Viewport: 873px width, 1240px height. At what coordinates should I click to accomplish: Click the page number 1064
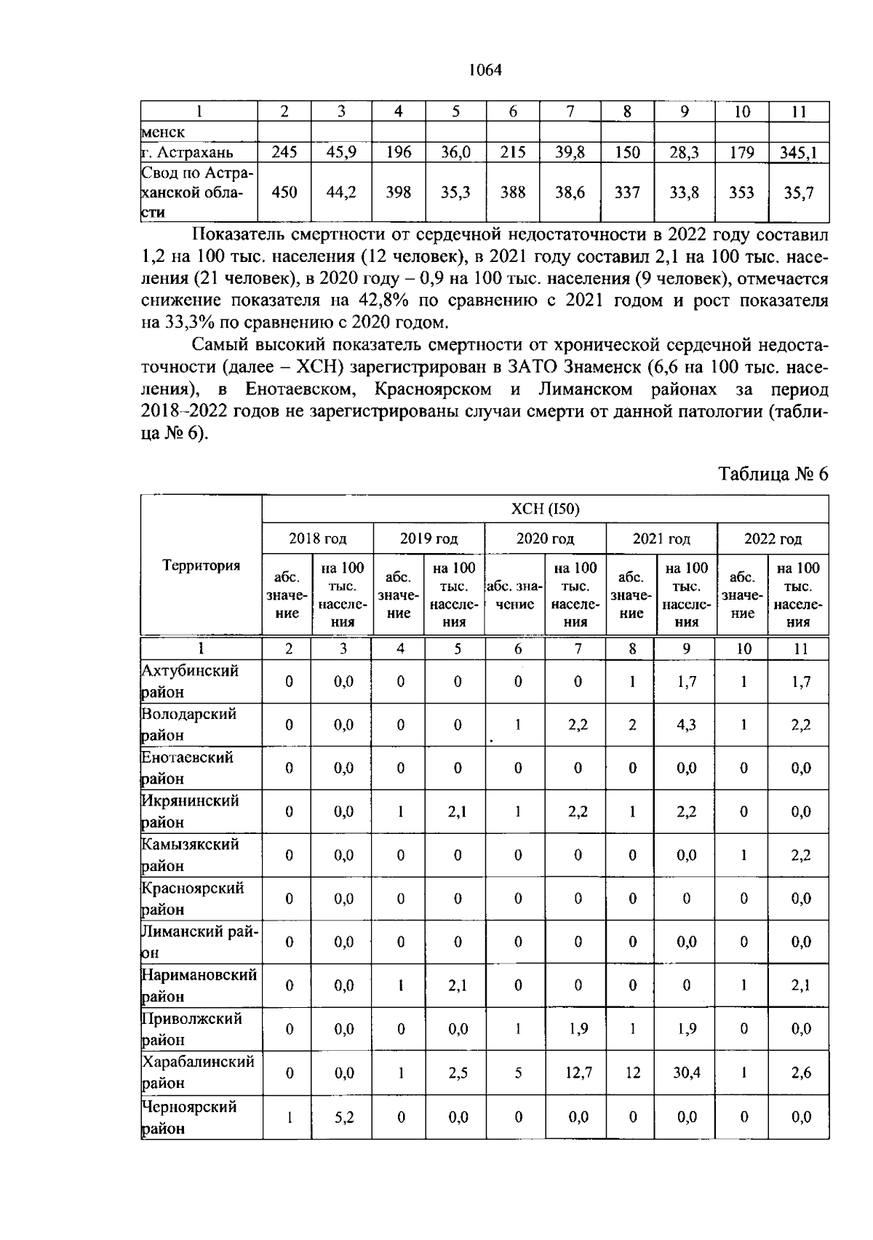[x=485, y=71]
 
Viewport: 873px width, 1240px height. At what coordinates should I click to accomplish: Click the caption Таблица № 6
[x=773, y=474]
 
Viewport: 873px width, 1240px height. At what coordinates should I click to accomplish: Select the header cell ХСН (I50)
[x=545, y=509]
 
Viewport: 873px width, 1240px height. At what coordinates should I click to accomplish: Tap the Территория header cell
[x=201, y=565]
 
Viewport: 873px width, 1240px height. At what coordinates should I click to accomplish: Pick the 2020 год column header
[x=545, y=538]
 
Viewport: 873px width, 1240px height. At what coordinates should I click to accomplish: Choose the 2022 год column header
[x=773, y=538]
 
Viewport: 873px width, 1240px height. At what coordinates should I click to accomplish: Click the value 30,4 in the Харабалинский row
[x=686, y=1072]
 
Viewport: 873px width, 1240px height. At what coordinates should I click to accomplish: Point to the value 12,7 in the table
[x=578, y=1072]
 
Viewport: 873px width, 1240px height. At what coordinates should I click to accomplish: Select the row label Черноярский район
[x=189, y=1117]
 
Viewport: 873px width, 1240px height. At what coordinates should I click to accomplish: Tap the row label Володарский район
[x=189, y=724]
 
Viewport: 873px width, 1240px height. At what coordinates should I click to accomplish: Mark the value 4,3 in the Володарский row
[x=686, y=725]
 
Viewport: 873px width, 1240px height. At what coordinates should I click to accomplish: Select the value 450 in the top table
[x=284, y=192]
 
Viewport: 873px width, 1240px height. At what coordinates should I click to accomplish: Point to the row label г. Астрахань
[x=188, y=152]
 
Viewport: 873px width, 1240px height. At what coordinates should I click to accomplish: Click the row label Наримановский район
[x=199, y=985]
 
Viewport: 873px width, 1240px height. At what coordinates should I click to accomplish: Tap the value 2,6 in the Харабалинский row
[x=800, y=1072]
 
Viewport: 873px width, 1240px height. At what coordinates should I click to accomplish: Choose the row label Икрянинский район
[x=189, y=811]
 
